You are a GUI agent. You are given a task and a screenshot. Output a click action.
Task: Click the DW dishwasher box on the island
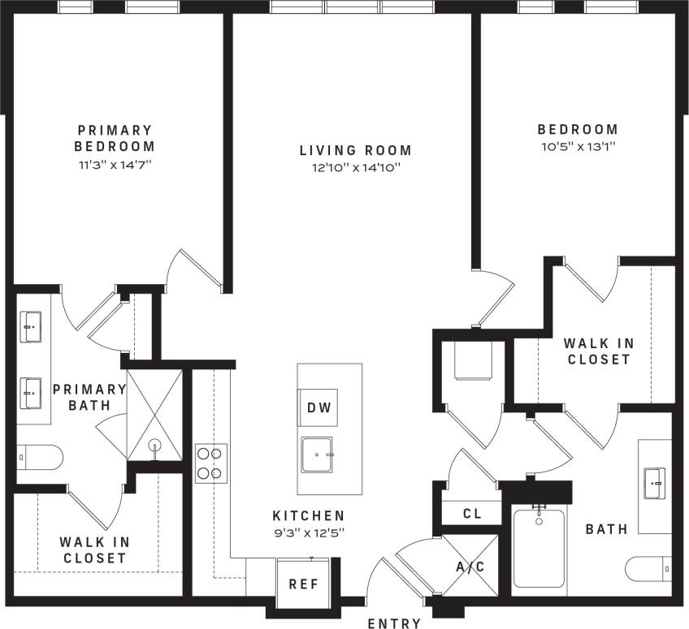tap(318, 407)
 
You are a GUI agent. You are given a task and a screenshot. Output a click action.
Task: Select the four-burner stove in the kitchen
tap(210, 463)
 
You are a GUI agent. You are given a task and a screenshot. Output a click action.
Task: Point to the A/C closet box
tap(470, 566)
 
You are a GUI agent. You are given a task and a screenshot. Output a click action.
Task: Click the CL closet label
tap(472, 514)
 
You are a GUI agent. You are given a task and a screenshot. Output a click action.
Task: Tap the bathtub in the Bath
tap(539, 548)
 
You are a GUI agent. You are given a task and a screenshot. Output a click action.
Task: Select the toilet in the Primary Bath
tap(38, 459)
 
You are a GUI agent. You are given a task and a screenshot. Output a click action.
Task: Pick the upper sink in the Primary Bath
tap(32, 329)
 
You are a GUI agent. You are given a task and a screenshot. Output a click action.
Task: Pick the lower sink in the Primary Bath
tap(32, 394)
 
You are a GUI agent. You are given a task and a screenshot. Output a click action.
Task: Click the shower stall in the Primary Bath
tap(154, 415)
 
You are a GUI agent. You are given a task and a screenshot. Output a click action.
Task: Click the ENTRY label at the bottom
tap(395, 623)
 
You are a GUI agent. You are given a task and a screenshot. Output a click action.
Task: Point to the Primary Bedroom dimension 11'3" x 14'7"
tap(114, 164)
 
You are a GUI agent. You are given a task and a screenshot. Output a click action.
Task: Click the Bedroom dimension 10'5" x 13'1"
tap(577, 147)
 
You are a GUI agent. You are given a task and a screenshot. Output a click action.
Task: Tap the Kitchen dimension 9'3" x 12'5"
tap(308, 532)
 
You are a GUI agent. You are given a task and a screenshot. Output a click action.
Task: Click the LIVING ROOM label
tap(355, 150)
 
